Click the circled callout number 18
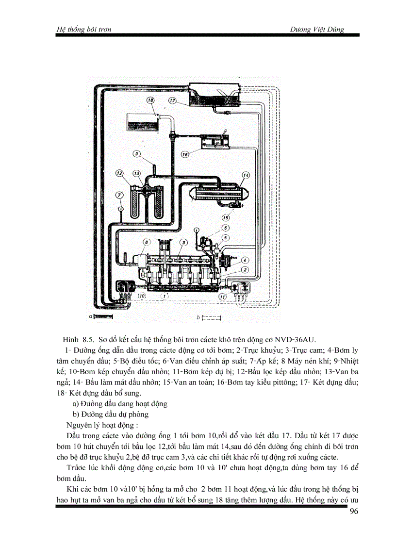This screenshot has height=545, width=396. pos(150,100)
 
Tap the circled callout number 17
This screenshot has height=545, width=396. pos(172,100)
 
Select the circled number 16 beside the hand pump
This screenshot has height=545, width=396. pos(184,154)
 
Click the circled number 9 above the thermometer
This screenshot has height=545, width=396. pos(137,154)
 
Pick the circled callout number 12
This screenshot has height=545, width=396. pos(119,173)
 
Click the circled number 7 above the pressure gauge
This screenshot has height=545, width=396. pos(120,195)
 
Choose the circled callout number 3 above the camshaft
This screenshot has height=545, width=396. pos(183,242)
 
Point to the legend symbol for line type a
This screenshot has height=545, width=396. pos(102,316)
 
